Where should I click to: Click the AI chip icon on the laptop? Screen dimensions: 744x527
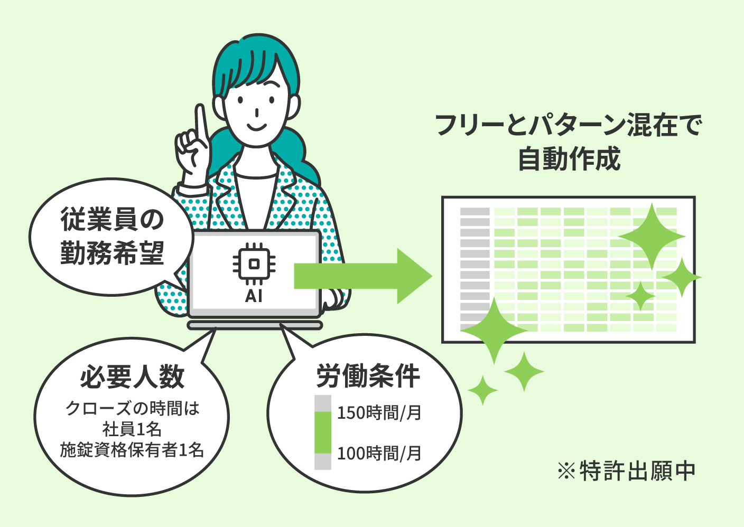(254, 264)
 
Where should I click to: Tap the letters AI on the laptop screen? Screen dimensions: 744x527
(254, 296)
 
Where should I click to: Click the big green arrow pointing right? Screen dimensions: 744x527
(362, 276)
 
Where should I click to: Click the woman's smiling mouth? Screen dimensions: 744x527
(256, 127)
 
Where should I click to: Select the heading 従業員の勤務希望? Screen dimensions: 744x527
(112, 236)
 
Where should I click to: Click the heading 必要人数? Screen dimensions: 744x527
(132, 377)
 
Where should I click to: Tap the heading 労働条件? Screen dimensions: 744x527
(368, 376)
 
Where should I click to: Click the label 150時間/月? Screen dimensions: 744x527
(379, 413)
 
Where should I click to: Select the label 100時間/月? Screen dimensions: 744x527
(379, 453)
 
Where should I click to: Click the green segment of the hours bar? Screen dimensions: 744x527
(323, 432)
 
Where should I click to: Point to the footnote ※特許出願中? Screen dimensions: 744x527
(626, 471)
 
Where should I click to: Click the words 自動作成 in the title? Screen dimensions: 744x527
(569, 159)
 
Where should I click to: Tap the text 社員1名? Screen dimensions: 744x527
(132, 429)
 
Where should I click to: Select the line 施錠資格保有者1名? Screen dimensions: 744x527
(132, 450)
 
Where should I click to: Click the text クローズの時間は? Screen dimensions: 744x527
(132, 409)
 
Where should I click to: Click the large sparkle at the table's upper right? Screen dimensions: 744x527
(652, 236)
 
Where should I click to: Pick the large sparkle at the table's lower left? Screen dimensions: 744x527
(494, 331)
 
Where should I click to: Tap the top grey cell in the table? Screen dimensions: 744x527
(475, 212)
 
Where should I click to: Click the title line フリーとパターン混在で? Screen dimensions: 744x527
(568, 126)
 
